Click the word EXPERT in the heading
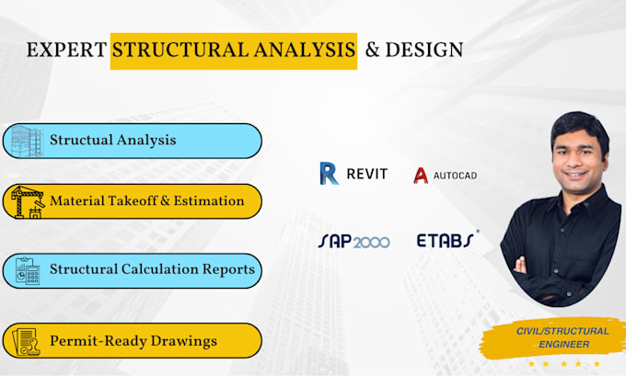tap(65, 51)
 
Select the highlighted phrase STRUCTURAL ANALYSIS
tap(234, 51)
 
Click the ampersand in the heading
tap(372, 51)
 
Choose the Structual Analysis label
tap(112, 141)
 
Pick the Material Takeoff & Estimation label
tap(147, 200)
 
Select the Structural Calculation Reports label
tap(152, 270)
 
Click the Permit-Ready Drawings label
tap(133, 341)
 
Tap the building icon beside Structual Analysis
tap(27, 141)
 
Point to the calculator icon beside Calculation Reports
tap(27, 271)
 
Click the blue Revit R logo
tap(329, 174)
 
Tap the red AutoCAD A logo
tap(421, 175)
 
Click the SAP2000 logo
tap(354, 241)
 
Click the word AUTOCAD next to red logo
tap(456, 175)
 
